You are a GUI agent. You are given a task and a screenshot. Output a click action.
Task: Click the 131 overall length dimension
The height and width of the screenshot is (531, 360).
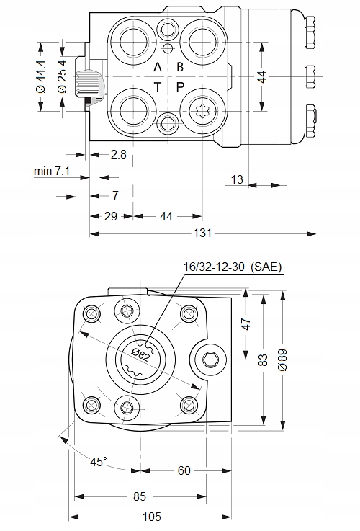pos(204,233)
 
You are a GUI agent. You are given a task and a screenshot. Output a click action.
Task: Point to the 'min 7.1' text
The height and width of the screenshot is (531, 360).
pos(51,171)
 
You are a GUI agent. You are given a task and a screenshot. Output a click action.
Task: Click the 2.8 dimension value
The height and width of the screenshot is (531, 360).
pos(119,154)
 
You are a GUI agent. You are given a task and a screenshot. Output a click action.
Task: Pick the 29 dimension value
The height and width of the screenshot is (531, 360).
pos(111,215)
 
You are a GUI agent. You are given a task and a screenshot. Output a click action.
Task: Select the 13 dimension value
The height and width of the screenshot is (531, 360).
pos(237,179)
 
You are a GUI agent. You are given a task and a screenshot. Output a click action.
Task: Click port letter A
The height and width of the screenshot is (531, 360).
pos(158,67)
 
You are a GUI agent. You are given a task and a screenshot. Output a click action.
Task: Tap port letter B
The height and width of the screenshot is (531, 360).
pos(180,67)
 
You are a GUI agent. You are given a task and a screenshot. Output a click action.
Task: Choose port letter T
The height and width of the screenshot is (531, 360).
pos(158,87)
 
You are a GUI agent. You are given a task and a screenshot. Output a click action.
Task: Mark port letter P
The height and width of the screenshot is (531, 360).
pos(180,87)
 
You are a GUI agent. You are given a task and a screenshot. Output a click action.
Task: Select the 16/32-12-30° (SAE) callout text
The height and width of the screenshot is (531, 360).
pos(233,267)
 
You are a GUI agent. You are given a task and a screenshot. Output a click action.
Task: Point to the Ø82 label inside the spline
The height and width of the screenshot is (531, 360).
pos(141,354)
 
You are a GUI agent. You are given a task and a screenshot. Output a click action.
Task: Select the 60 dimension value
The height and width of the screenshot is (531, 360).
pos(184,470)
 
